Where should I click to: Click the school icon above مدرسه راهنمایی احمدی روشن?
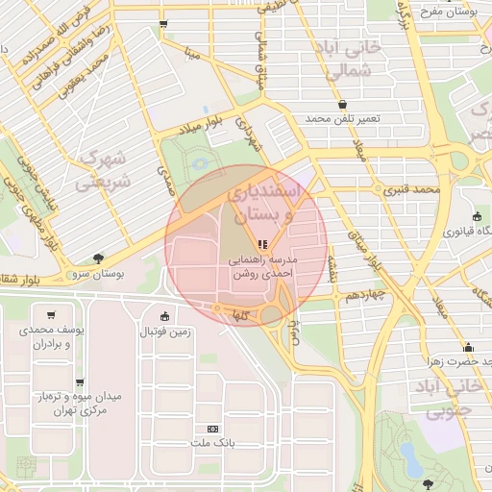pyautogui.click(x=263, y=244)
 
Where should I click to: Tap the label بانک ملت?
pyautogui.click(x=213, y=443)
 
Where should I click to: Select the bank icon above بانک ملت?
pyautogui.click(x=213, y=429)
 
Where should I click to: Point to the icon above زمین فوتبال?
pyautogui.click(x=165, y=317)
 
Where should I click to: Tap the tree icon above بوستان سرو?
pyautogui.click(x=98, y=258)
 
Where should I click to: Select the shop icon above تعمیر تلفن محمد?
pyautogui.click(x=343, y=104)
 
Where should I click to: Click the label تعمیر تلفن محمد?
pyautogui.click(x=343, y=118)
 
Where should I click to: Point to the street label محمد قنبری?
pyautogui.click(x=411, y=189)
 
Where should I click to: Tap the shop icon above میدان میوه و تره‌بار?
pyautogui.click(x=80, y=382)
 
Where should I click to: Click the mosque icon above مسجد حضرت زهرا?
pyautogui.click(x=468, y=347)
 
